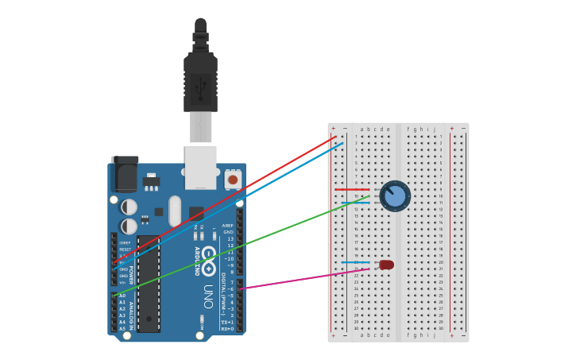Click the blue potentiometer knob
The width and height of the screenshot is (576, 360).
point(395,195)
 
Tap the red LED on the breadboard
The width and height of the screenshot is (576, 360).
point(386,265)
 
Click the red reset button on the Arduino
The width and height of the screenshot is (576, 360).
point(233,180)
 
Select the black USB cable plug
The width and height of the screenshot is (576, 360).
point(200,79)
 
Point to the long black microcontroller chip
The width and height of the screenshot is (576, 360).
point(148,283)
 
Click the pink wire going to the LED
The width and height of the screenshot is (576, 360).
point(302,278)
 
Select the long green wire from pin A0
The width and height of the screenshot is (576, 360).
point(238,246)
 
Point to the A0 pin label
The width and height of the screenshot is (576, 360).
point(122,296)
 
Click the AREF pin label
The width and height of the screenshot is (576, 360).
point(229,226)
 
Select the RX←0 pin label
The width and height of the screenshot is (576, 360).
point(227,328)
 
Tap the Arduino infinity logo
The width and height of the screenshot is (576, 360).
point(208,261)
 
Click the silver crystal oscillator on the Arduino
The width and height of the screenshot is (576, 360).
point(175,211)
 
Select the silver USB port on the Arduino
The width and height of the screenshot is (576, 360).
point(200,163)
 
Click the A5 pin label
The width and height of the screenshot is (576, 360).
point(122,328)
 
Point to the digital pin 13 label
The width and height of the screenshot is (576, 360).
point(230,238)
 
